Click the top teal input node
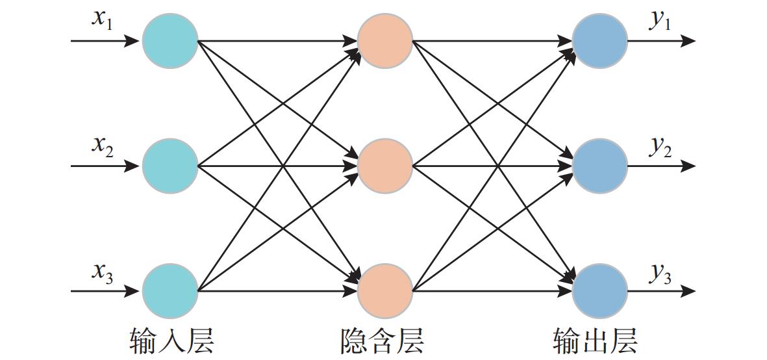tap(170, 41)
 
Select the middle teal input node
tap(170, 166)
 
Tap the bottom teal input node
tap(170, 291)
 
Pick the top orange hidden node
tap(385, 41)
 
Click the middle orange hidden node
tap(385, 166)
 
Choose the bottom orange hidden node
tap(385, 291)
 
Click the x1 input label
tap(102, 19)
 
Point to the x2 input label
tap(102, 145)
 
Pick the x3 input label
tap(102, 271)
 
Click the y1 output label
tap(660, 19)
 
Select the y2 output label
tap(660, 146)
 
